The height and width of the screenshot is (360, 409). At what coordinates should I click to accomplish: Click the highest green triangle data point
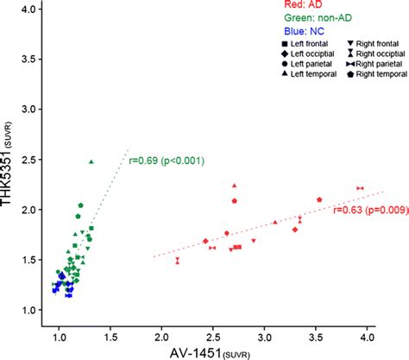click(91, 161)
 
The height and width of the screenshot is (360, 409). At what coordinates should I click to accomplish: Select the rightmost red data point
click(361, 187)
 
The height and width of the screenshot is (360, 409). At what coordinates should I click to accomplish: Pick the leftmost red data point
click(178, 260)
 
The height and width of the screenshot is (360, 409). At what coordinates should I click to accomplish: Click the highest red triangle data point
click(234, 186)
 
